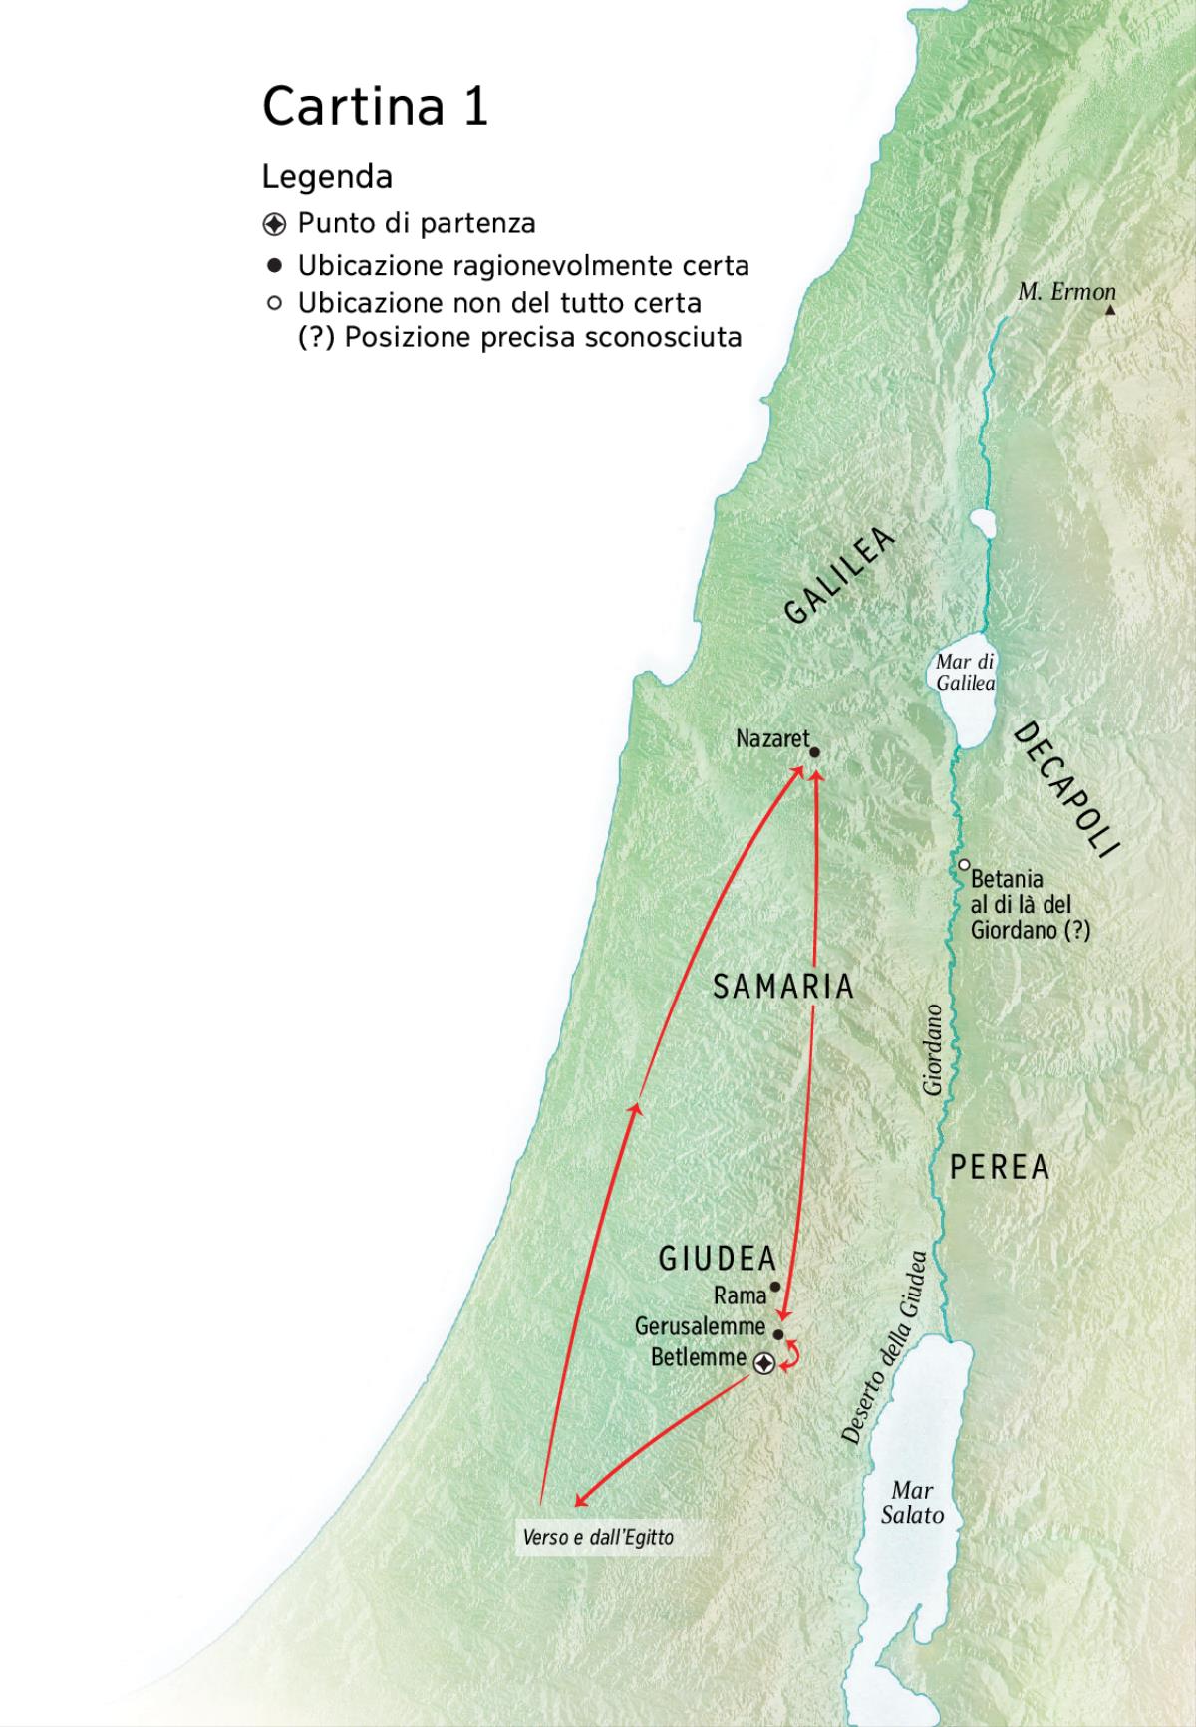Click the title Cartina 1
point(375,106)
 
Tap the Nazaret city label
point(772,739)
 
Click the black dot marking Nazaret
point(814,753)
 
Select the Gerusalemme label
point(700,1327)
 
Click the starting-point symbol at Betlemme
point(764,1363)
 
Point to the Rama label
point(740,1295)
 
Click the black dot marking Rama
point(775,1287)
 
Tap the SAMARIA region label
point(784,987)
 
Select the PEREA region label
point(1000,1167)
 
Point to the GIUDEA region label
point(717,1259)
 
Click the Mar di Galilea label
point(965,673)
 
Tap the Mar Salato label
point(913,1503)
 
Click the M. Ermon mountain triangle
point(1110,310)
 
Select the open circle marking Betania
point(964,865)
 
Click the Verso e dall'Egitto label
point(598,1538)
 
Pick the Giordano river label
point(934,1049)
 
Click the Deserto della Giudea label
point(884,1348)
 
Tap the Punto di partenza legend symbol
point(274,223)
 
